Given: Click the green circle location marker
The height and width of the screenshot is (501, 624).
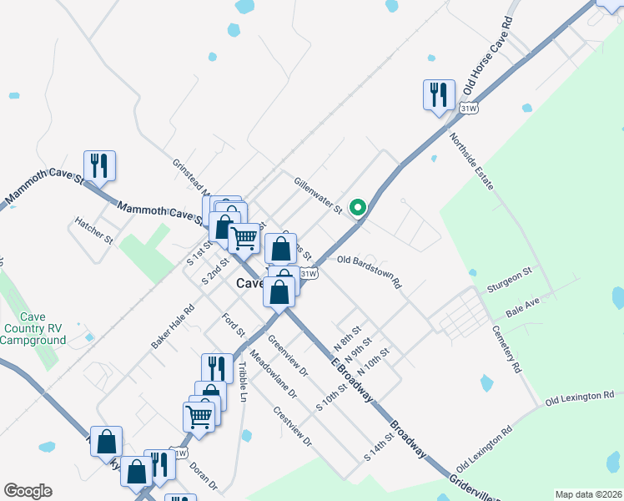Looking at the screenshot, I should pos(358,208).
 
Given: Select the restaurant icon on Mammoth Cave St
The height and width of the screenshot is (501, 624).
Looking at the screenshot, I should pos(99,165).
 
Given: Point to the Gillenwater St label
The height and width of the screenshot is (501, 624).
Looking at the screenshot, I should pos(318,195).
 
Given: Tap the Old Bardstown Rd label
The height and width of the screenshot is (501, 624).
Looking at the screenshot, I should pos(370,272).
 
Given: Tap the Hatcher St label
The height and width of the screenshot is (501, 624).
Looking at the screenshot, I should pos(93,231).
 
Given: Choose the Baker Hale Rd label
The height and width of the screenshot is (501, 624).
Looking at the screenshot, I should pos(173,326).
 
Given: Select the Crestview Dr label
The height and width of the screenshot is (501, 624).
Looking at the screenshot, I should pos(292,426).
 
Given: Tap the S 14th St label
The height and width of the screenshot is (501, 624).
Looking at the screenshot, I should pos(379,448).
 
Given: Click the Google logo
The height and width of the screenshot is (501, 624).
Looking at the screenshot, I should pos(28,491).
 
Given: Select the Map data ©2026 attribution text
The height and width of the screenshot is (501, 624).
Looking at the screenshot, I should pos(588,494).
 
